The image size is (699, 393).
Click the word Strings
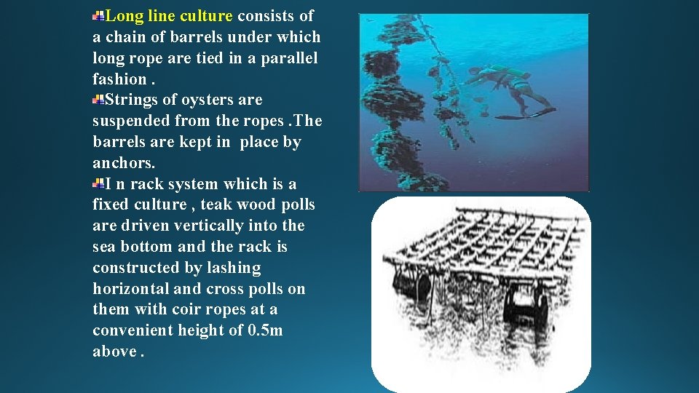[x=133, y=100]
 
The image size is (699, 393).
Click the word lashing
[x=234, y=269]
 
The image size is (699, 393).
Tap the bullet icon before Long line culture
[x=99, y=15]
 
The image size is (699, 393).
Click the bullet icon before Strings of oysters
[x=99, y=100]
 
